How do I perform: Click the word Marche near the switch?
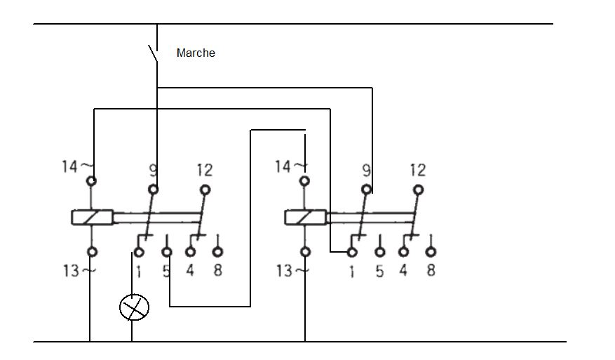coord(196,53)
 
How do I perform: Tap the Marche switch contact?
coord(154,53)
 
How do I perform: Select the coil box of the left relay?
coord(92,217)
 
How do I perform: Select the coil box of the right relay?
coord(305,217)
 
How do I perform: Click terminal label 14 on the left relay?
coord(71,166)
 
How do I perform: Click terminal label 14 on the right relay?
coord(283,166)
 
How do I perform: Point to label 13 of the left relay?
coord(70,269)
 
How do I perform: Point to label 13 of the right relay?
coord(283,269)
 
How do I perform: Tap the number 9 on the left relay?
coord(152,169)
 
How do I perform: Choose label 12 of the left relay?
coord(205,169)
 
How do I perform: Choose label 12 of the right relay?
coord(417,169)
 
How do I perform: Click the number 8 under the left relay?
coord(217,269)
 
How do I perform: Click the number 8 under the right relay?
coord(431,269)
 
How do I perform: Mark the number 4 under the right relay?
coord(403,269)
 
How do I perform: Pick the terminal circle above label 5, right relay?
coord(379,252)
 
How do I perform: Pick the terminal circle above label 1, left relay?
coord(140,252)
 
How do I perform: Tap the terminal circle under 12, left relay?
coord(205,189)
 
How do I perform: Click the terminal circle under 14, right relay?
coord(304,181)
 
